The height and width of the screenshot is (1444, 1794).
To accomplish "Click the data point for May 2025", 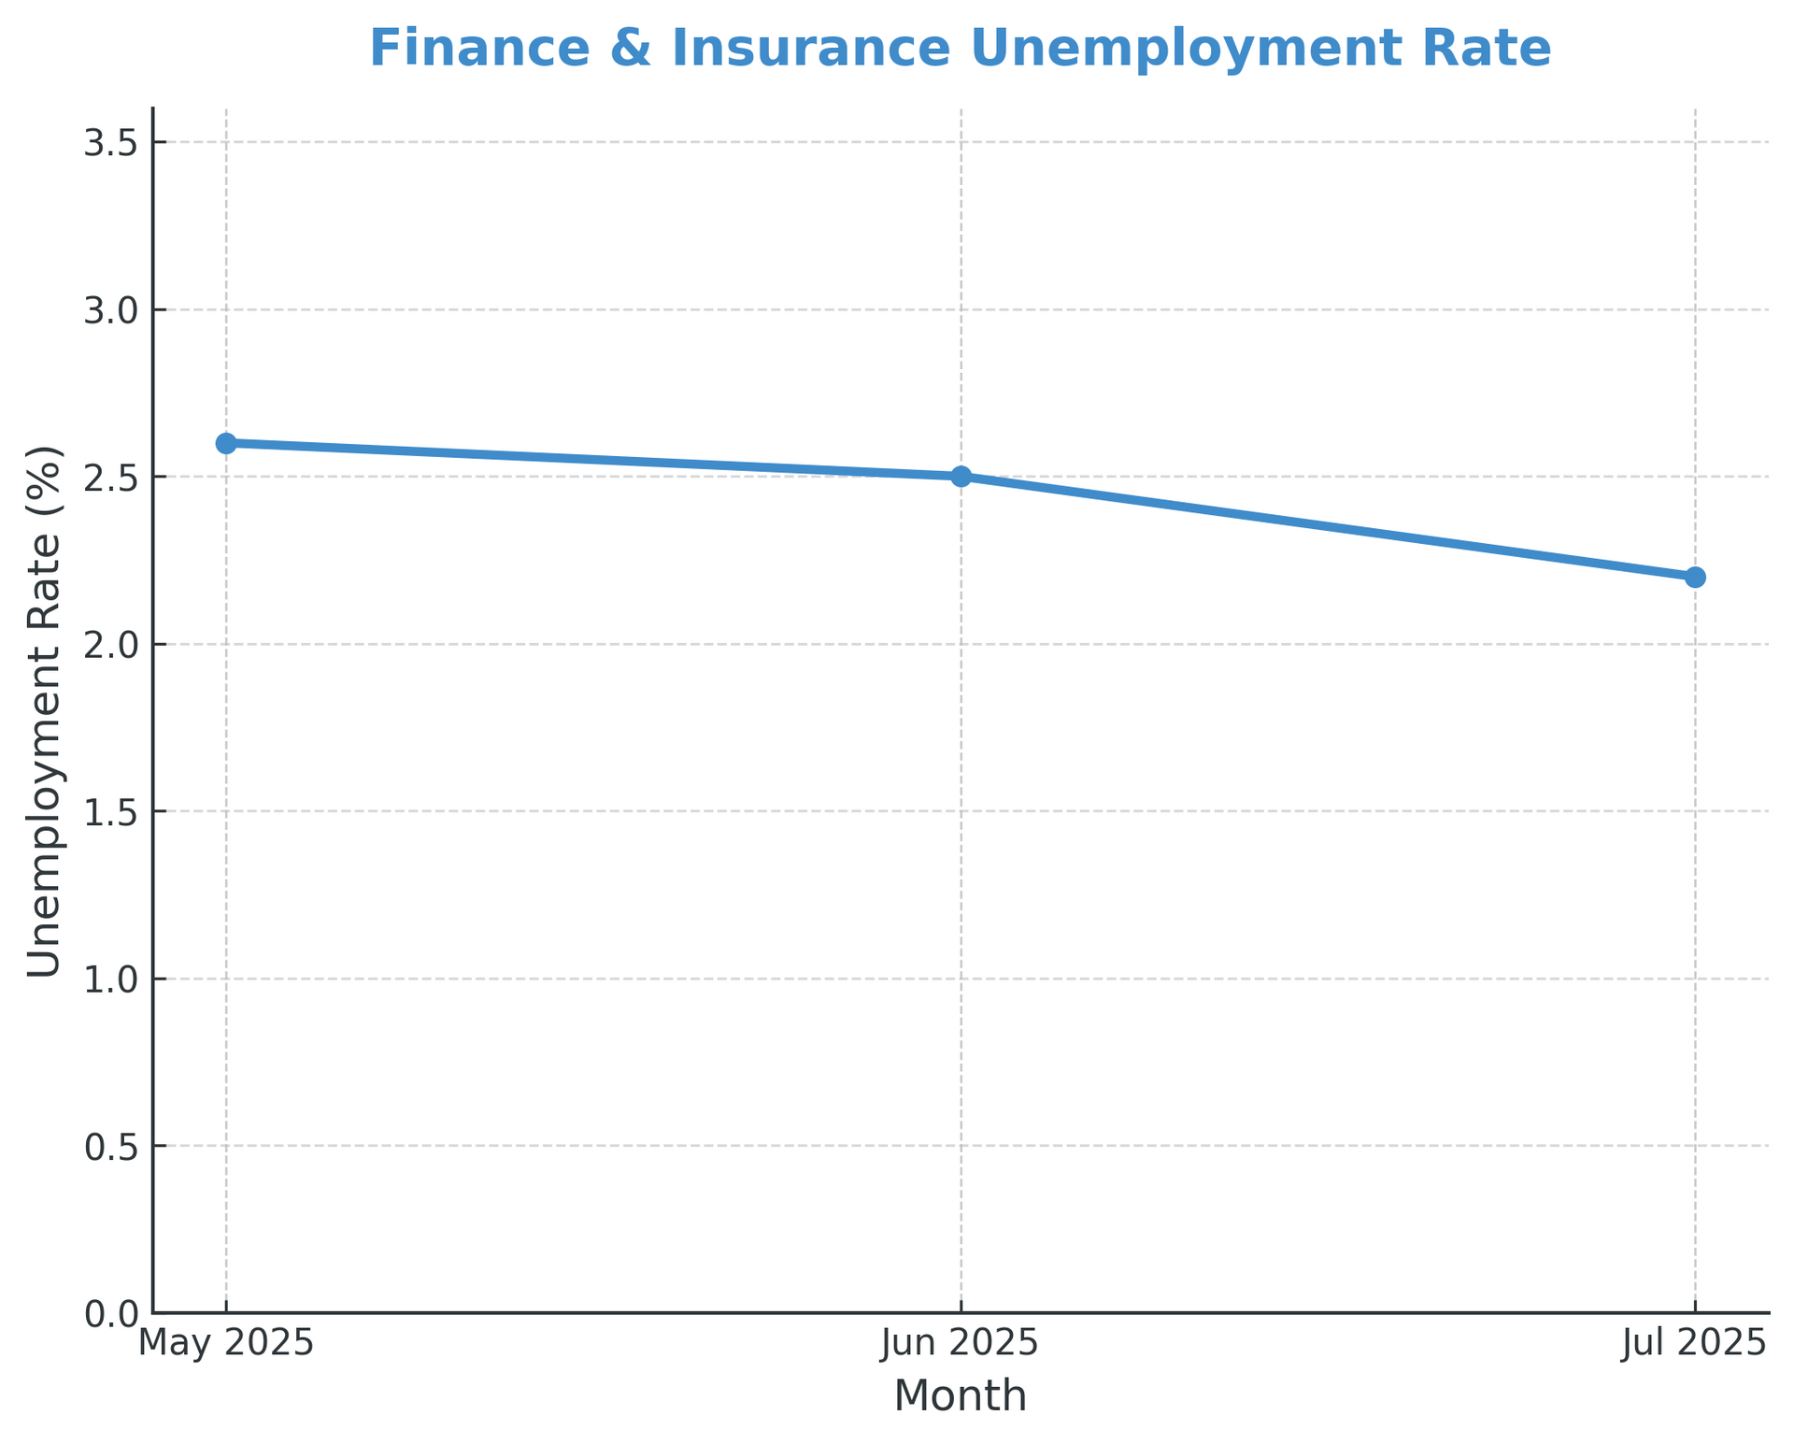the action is [226, 443].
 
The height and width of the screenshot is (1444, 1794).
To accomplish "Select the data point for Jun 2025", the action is [961, 477].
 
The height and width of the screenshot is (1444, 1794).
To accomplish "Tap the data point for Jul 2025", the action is [1695, 577].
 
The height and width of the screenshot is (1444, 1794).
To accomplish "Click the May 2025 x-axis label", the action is [226, 1344].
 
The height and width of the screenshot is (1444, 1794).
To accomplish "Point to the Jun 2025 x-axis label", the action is [961, 1344].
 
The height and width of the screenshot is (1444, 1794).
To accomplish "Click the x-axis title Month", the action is [961, 1396].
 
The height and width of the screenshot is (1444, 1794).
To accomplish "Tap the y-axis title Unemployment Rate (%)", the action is [44, 710].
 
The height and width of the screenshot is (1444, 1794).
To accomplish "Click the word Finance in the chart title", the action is [480, 49].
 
